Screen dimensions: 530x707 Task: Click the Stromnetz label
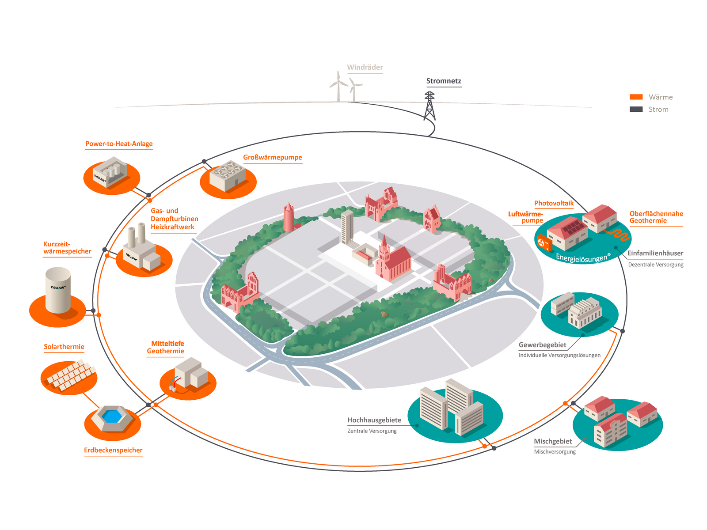[x=444, y=81]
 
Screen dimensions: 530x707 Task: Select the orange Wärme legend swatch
[x=636, y=97]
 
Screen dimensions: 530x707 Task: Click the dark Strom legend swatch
[x=636, y=109]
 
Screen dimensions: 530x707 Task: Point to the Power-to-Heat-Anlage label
[x=119, y=144]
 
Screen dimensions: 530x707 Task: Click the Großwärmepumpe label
[x=273, y=157]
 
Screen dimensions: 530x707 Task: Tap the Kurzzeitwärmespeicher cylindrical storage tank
[x=58, y=290]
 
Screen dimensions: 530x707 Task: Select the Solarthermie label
[x=64, y=347]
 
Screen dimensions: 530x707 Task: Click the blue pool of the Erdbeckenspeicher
[x=112, y=416]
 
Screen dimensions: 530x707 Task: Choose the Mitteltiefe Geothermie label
[x=166, y=347]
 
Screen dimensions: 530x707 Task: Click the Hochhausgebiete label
[x=374, y=420]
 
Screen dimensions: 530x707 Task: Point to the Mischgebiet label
[x=553, y=441]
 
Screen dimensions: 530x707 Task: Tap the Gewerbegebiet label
[x=542, y=345]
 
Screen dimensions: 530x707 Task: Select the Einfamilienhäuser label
[x=655, y=253]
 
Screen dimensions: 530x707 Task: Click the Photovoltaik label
[x=554, y=203]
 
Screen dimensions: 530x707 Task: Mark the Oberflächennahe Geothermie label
[x=656, y=217]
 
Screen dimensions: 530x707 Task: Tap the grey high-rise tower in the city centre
[x=347, y=227]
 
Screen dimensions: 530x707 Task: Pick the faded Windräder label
[x=365, y=67]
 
